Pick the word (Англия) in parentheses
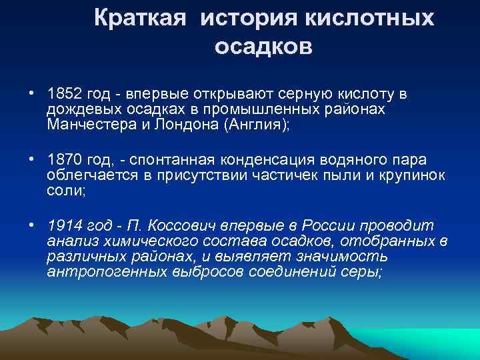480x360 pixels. point(260,125)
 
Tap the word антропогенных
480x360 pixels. point(101,273)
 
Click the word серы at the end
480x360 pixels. point(365,273)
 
